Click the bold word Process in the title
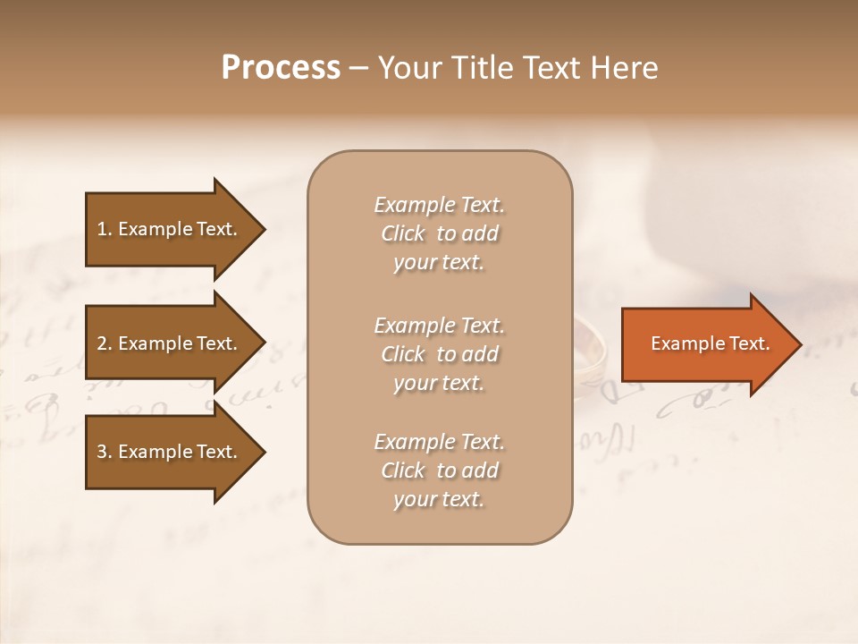tap(281, 68)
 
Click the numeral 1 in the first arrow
tap(101, 229)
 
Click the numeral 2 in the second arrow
tap(102, 343)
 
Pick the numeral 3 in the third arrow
tap(102, 452)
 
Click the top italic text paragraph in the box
tap(439, 233)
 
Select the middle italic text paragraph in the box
tap(439, 354)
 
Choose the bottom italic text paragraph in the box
tap(439, 470)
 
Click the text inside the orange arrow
tap(710, 343)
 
